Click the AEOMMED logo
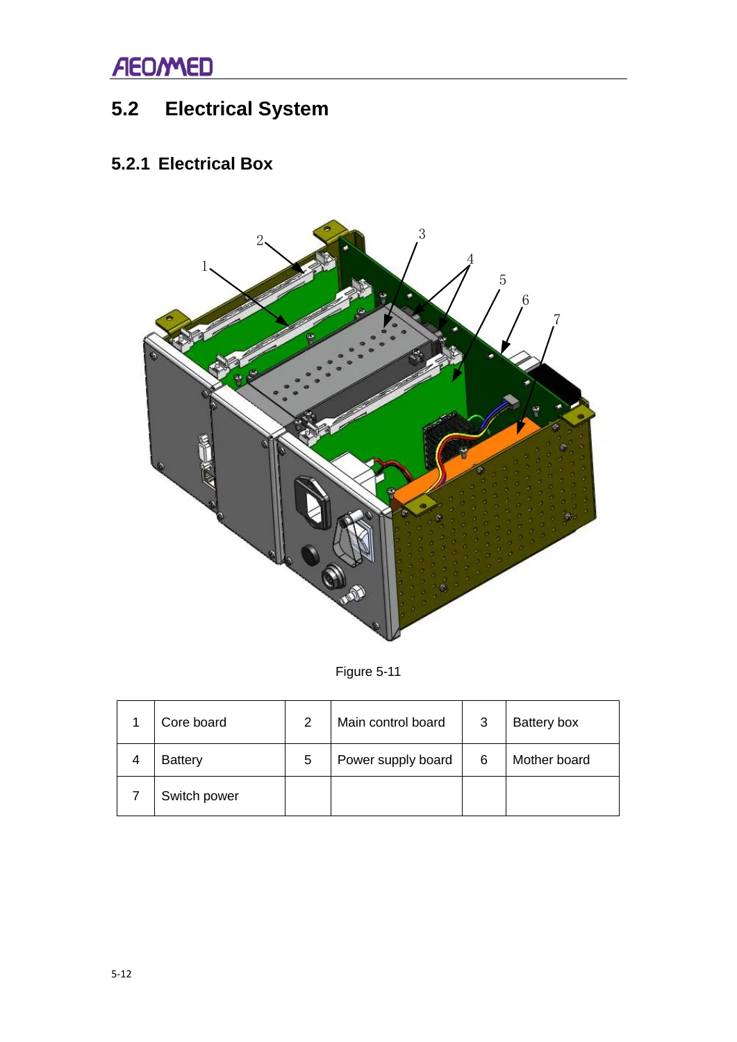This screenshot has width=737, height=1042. point(163,67)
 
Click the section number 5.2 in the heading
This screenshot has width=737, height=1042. point(125,109)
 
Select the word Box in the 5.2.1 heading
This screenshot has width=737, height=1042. point(256,164)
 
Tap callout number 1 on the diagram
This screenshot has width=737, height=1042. point(204,266)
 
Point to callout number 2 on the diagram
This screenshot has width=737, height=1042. point(260,240)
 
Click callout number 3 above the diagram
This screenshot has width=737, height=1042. point(422,234)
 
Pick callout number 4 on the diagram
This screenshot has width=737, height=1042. point(470,259)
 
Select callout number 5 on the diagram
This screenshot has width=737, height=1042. point(502,280)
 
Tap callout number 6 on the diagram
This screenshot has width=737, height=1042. point(525,300)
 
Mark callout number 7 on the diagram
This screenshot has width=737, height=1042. point(556,320)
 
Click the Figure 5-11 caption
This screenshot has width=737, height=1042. point(368,672)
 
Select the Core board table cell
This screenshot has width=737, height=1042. point(220,722)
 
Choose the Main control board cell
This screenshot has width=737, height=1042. point(397,722)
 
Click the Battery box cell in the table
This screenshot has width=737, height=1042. point(563,722)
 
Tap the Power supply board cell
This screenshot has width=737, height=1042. point(397,760)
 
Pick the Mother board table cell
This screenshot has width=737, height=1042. point(563,760)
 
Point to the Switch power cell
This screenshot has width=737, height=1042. point(220,796)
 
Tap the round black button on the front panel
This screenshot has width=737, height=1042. point(310,556)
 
